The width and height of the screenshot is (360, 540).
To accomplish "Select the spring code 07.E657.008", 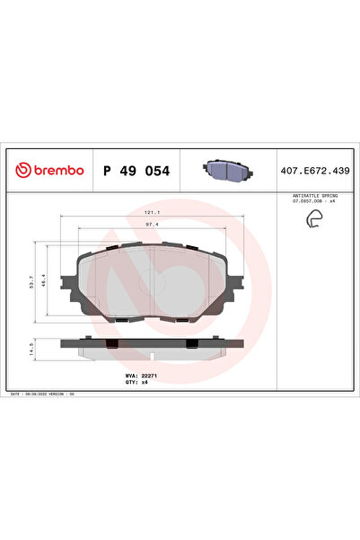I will (x=304, y=201).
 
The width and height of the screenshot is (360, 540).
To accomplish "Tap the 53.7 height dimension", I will (x=34, y=284).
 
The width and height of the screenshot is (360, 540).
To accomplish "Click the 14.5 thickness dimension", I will (x=34, y=347).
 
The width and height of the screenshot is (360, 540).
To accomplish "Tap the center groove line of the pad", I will (x=154, y=283).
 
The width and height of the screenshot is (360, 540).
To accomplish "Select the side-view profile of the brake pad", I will (x=153, y=345).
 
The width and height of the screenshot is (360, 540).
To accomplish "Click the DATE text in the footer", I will (x=16, y=394).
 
